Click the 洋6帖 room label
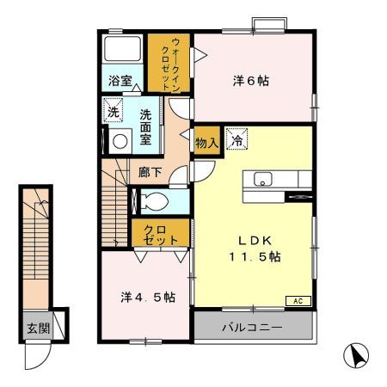250,81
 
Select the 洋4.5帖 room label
148,298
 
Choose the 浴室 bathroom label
120,83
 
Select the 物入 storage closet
206,139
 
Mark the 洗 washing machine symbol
113,110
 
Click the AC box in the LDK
298,301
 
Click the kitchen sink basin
261,180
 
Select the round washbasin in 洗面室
120,140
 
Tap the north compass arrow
355,354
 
